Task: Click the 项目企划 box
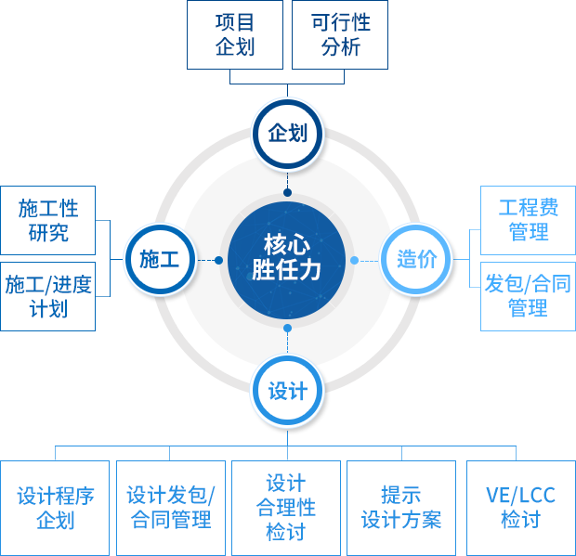pos(235,35)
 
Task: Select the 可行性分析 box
pos(340,35)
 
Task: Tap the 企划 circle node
pos(287,134)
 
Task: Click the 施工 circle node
pos(161,260)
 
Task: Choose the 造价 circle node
pos(416,260)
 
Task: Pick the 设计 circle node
pos(287,390)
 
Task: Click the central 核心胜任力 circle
pos(287,261)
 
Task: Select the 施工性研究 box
pos(48,221)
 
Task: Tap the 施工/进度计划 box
pos(48,296)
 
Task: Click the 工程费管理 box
pos(528,221)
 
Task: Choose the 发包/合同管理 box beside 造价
pos(528,296)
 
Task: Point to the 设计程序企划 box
pos(55,509)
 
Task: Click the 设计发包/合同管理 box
pos(171,509)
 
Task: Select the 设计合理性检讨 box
pos(286,509)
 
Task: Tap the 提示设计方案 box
pos(401,509)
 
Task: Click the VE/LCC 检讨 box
pos(521,509)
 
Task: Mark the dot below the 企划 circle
pos(288,192)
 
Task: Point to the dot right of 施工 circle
pos(218,261)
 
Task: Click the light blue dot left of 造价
pos(355,261)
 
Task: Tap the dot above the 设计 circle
pos(288,328)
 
